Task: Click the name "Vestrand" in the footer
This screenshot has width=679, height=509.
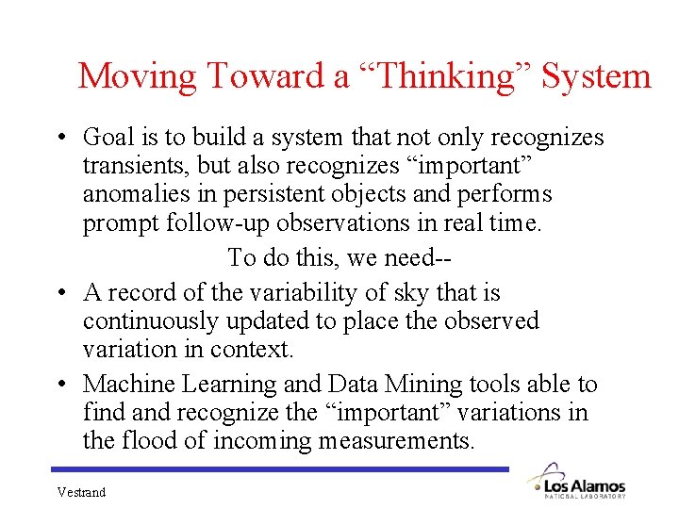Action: (81, 492)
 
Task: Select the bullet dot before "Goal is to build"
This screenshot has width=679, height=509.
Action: (59, 139)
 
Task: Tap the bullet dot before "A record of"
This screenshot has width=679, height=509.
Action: (59, 294)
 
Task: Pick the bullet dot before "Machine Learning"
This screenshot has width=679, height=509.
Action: (59, 386)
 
